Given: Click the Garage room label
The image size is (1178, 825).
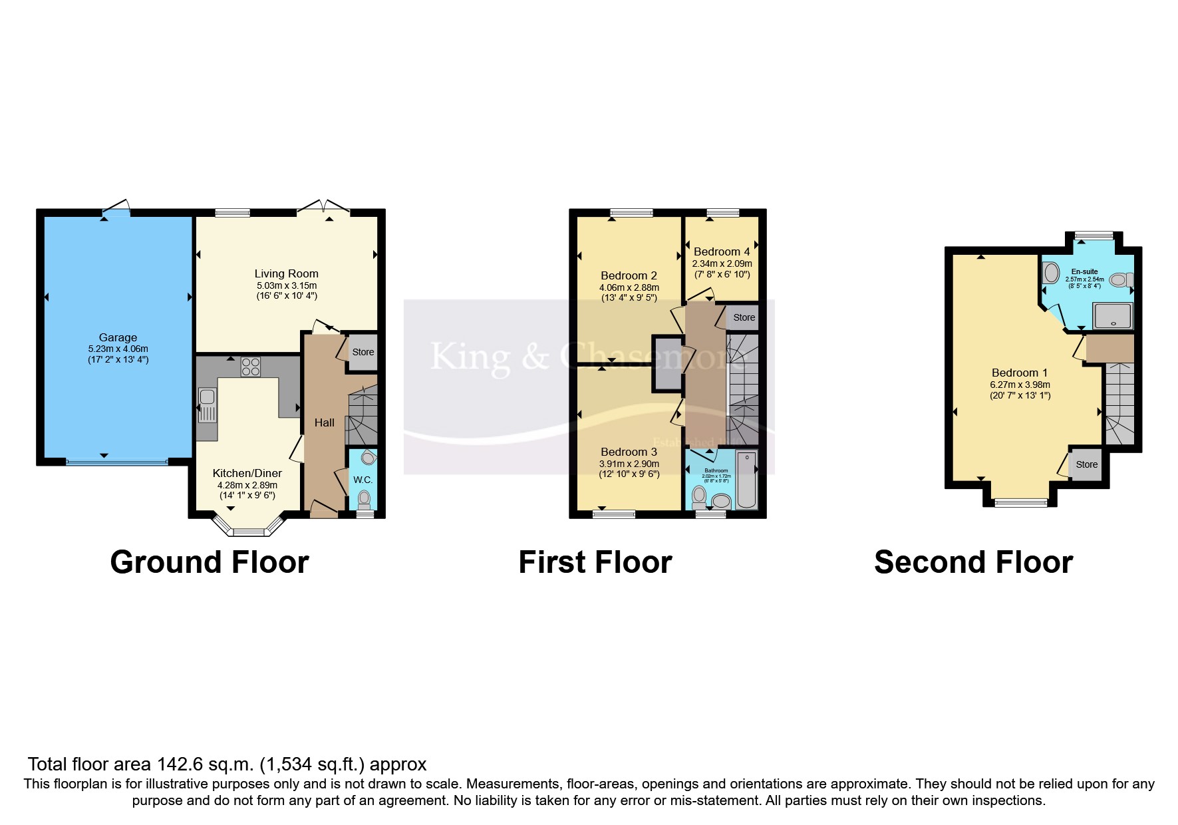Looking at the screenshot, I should point(118,337).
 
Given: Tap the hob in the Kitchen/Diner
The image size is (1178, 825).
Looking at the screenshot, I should point(251,367).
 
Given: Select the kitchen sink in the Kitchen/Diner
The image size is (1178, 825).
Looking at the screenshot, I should point(207,405).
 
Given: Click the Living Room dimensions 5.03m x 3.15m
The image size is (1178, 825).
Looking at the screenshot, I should point(287,285).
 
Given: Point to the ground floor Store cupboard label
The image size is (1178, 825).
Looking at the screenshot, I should point(363,352).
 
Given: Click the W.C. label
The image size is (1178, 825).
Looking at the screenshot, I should point(363,480).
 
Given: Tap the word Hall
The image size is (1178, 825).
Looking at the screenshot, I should point(325,422).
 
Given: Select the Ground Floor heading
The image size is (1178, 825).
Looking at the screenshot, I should point(210,562).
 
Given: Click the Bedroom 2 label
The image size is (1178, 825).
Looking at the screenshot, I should point(629,275).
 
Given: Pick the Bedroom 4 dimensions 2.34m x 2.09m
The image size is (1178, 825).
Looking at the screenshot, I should point(722,263).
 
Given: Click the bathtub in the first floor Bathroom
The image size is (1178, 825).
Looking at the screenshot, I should point(747,480).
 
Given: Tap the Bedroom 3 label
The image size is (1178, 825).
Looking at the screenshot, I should point(629,452).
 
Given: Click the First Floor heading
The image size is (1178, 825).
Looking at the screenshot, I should point(595,562).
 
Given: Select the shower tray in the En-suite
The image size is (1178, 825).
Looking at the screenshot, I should point(1112,315).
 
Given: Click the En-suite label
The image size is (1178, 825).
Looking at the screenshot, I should point(1084,271).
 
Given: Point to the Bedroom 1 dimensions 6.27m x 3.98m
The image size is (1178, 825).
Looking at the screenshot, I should point(1020,385).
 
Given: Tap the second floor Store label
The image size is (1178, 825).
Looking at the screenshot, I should point(1087,464).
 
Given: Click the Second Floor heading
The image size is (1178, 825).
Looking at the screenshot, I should point(973,562).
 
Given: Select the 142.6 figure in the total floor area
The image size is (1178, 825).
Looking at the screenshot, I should point(181,764).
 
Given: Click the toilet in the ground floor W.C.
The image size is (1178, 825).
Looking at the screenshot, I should point(364,498).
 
